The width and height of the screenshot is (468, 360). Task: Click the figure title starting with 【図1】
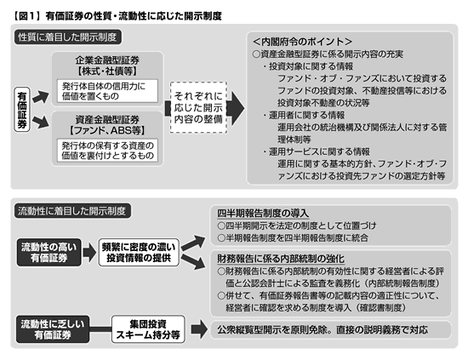coord(117,16)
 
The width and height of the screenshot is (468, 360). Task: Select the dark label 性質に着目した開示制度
coord(68,37)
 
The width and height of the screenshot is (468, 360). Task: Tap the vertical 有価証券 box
coord(22,110)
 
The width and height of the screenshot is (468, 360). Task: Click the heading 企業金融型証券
coord(107,60)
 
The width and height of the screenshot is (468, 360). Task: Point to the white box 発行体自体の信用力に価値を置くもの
coord(107,91)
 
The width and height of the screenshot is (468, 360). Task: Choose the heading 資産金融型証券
coord(107,120)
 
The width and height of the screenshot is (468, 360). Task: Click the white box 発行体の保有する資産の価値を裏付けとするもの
coord(107,151)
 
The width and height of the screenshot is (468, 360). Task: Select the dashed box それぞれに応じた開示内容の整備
coord(198,107)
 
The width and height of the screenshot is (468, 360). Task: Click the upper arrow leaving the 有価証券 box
coord(40,97)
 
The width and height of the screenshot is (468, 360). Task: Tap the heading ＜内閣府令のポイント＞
coord(302,41)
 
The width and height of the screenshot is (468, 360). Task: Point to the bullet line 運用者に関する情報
coord(304,115)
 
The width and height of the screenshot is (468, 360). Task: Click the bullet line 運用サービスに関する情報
coord(317,151)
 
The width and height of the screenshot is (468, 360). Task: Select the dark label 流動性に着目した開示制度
coord(72,211)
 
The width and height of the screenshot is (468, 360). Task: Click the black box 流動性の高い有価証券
coord(49,252)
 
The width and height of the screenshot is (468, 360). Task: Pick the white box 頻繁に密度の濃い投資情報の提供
coord(139,252)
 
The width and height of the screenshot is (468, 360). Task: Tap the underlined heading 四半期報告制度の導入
coord(263,214)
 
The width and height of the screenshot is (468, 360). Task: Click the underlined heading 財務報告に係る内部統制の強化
coord(281,259)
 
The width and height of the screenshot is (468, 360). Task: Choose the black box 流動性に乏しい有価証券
coord(53,329)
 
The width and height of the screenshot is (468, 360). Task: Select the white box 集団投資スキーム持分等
coord(148,329)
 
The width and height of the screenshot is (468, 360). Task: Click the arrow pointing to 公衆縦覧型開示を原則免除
coord(199,329)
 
